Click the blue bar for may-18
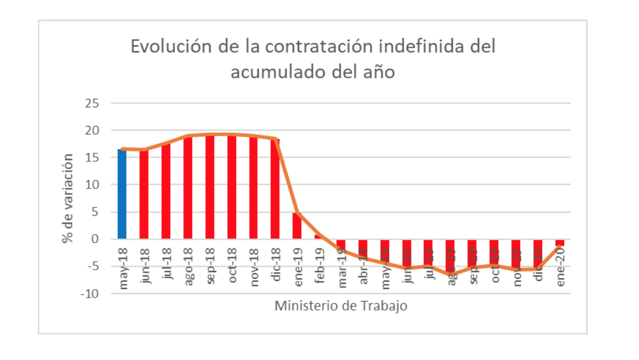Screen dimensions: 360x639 pos(122,194)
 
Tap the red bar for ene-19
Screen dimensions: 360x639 pos(297,226)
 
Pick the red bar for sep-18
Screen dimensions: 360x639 pos(209,187)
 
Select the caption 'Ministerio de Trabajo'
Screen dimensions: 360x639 pos(341,306)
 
